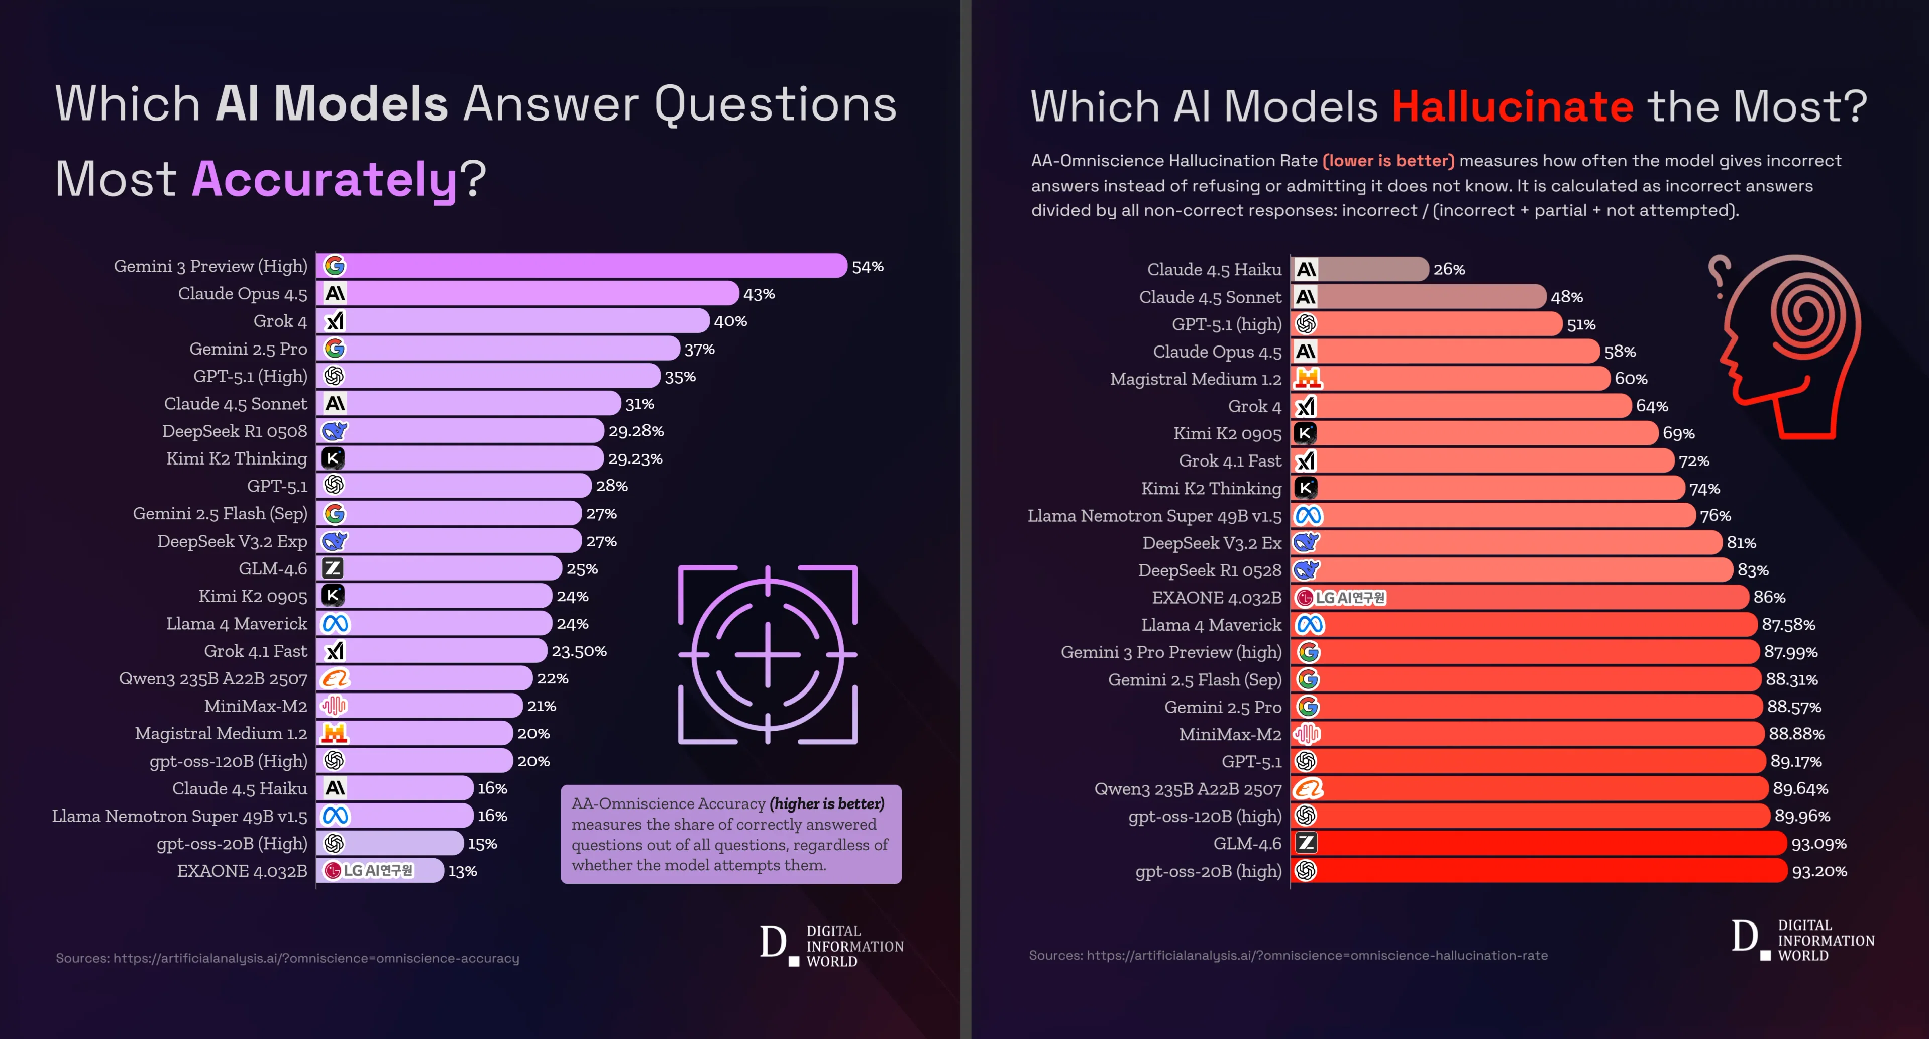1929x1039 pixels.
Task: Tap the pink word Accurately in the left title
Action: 324,180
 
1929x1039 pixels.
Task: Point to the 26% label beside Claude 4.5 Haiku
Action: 1448,270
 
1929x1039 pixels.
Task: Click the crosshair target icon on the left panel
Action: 768,654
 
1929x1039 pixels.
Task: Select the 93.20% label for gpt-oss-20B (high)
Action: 1819,871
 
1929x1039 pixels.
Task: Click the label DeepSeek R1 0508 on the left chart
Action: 235,431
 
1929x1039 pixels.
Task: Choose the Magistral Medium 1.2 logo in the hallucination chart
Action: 1308,379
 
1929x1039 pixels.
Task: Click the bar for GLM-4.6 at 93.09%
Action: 1543,844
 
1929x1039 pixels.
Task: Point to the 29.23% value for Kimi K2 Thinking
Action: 634,459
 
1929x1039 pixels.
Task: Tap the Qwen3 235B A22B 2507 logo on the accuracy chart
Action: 335,678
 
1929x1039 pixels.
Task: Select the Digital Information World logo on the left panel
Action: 831,946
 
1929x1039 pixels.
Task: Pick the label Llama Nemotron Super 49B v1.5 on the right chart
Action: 1154,516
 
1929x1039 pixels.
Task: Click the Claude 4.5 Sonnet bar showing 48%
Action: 1423,297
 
